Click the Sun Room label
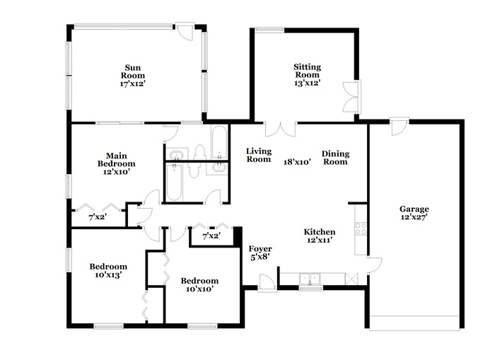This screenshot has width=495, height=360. (133, 71)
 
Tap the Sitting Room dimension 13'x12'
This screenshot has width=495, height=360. (308, 83)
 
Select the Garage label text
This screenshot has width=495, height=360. (414, 209)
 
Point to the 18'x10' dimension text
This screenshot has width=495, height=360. (298, 162)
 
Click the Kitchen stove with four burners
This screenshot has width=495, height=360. (361, 228)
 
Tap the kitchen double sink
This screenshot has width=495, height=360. (310, 279)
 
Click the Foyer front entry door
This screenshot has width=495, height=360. (267, 282)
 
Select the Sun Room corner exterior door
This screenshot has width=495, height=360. (185, 31)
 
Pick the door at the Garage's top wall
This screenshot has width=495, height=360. (398, 127)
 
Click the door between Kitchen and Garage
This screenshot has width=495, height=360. (374, 265)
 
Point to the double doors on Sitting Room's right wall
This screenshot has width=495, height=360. (351, 97)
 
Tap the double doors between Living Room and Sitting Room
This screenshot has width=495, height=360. (280, 129)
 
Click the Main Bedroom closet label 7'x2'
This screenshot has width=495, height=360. (98, 217)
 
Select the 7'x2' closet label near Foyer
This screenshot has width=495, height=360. (211, 236)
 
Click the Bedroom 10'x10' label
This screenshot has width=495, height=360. (199, 284)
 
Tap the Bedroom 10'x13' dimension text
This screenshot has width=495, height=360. (108, 275)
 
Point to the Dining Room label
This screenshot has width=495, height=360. (335, 158)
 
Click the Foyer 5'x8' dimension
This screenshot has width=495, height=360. (260, 257)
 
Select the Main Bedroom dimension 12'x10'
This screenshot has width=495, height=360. (117, 172)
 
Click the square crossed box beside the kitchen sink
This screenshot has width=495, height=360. (351, 279)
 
